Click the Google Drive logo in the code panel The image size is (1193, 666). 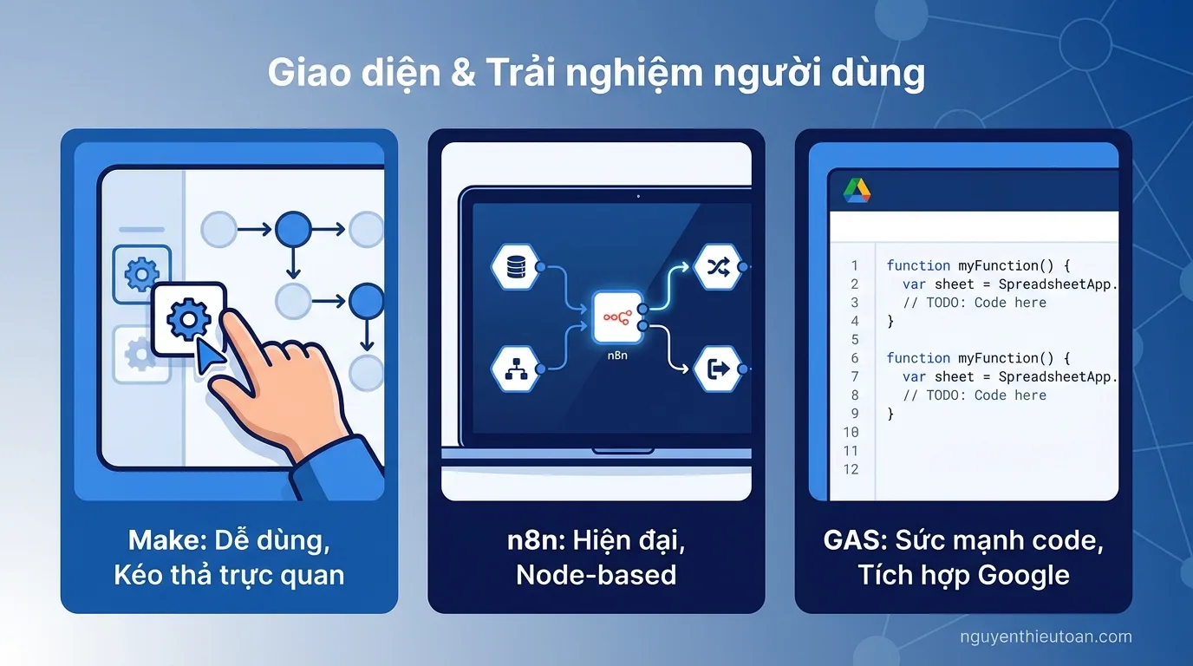click(x=857, y=191)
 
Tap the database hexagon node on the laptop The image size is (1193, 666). click(x=515, y=266)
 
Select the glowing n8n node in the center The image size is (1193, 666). click(x=616, y=318)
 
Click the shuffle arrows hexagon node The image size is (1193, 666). click(x=718, y=266)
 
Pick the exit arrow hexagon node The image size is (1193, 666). click(x=718, y=369)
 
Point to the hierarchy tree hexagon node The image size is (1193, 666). click(x=515, y=369)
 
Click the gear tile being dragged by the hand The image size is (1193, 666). click(x=188, y=320)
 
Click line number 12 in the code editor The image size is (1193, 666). click(x=851, y=469)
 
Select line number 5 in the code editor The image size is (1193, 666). click(x=854, y=339)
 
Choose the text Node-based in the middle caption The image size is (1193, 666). click(x=596, y=574)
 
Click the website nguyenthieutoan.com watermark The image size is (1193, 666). click(x=1046, y=637)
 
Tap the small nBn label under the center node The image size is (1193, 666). click(x=616, y=355)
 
